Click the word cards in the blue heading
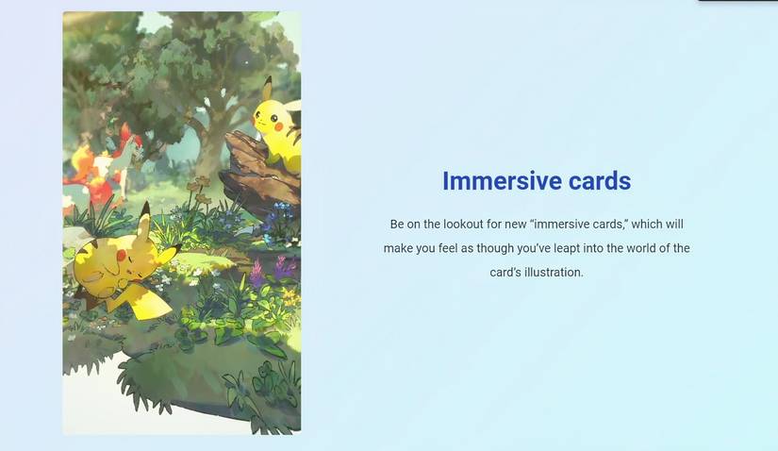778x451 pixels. pos(593,181)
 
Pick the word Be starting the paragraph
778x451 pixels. pos(397,225)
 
